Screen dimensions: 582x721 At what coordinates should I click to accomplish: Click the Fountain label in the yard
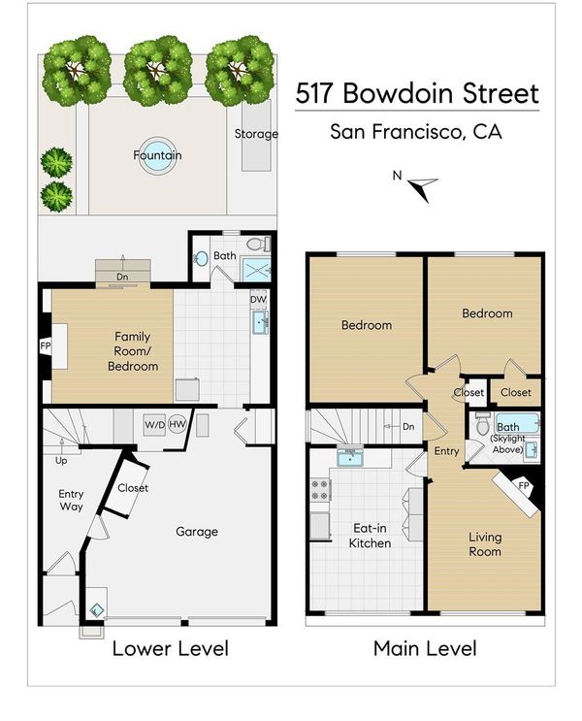(157, 155)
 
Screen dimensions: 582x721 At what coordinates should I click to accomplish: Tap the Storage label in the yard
(256, 134)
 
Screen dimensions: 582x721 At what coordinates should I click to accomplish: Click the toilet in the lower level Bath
(257, 244)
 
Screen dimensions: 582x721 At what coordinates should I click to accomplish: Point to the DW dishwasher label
(258, 299)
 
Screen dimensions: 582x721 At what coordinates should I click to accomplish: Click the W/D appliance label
(155, 424)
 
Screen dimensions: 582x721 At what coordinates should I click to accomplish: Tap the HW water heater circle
(177, 424)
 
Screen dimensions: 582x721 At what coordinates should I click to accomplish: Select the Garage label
(197, 532)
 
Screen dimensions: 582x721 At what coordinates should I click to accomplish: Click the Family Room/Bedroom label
(133, 351)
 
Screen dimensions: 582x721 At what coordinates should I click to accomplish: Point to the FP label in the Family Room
(45, 345)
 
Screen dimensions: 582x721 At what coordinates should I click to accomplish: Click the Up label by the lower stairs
(61, 461)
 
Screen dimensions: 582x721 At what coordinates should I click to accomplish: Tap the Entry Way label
(71, 500)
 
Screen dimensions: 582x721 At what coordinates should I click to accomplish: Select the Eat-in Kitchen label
(370, 536)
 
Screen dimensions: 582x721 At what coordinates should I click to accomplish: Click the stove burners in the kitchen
(320, 490)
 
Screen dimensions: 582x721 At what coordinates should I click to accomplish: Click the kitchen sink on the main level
(350, 457)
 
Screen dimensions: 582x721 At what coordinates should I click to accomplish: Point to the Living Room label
(485, 544)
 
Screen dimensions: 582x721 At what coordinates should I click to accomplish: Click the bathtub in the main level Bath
(517, 424)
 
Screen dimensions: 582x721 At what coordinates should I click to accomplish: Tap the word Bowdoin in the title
(398, 93)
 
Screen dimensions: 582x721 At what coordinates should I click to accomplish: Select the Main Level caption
(425, 648)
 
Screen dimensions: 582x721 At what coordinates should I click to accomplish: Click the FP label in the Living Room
(524, 485)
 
